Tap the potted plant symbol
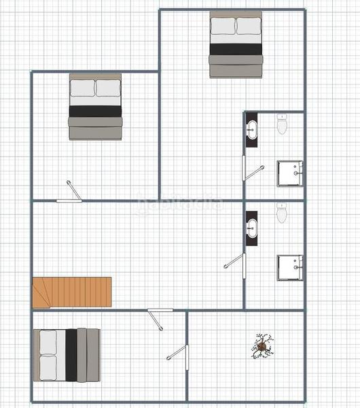tap(263, 345)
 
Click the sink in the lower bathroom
tap(252, 226)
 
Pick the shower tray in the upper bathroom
tap(290, 173)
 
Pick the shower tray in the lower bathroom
tap(290, 268)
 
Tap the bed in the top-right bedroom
tap(236, 45)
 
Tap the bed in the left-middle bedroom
tap(95, 107)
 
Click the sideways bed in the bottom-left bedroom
tap(69, 354)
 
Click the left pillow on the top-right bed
tap(223, 27)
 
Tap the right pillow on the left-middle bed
tap(108, 88)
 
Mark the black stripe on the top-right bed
tap(236, 50)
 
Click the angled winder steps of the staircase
tap(41, 294)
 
